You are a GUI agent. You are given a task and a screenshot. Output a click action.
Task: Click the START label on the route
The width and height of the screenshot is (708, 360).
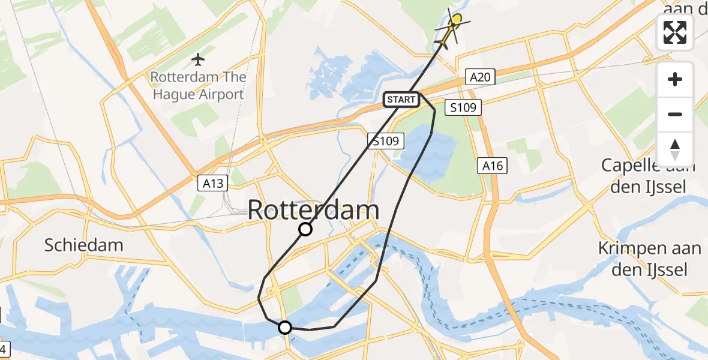click(401, 100)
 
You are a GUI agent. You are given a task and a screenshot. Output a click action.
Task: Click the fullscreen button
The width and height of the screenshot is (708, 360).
click(675, 32)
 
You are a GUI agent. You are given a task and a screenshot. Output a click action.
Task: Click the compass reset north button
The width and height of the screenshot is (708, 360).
click(675, 149)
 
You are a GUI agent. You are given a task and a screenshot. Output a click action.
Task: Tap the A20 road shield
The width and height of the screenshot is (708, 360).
click(481, 77)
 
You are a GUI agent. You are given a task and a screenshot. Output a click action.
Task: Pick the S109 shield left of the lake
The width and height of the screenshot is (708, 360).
click(385, 142)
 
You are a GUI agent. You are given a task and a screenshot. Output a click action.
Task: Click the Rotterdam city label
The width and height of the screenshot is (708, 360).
click(313, 211)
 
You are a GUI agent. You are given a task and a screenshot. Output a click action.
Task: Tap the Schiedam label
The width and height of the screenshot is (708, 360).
click(84, 245)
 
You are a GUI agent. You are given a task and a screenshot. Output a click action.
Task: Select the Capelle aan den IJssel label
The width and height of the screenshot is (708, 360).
click(649, 176)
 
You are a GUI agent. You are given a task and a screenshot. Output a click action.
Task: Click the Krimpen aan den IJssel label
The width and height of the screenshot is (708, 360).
click(650, 259)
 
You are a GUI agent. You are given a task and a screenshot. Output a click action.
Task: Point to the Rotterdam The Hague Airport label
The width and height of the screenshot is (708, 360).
click(198, 86)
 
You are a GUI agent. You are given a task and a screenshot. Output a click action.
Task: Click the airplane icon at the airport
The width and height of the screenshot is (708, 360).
click(198, 59)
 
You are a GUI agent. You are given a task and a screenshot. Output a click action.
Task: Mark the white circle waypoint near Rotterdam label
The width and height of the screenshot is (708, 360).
click(305, 229)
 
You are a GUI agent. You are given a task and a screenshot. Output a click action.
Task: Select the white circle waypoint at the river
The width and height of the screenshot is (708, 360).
click(285, 327)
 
